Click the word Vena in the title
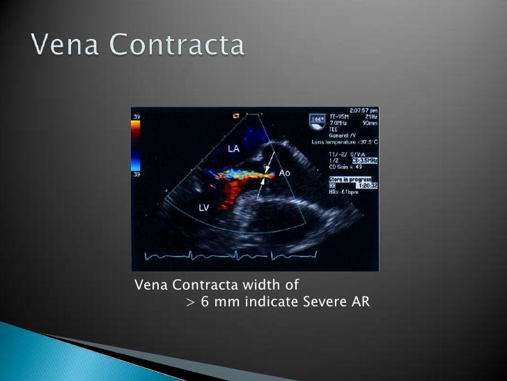(65, 46)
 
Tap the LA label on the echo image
(234, 148)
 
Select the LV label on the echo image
(205, 208)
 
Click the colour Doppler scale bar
(135, 142)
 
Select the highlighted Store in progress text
(350, 179)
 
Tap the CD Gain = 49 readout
(345, 167)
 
